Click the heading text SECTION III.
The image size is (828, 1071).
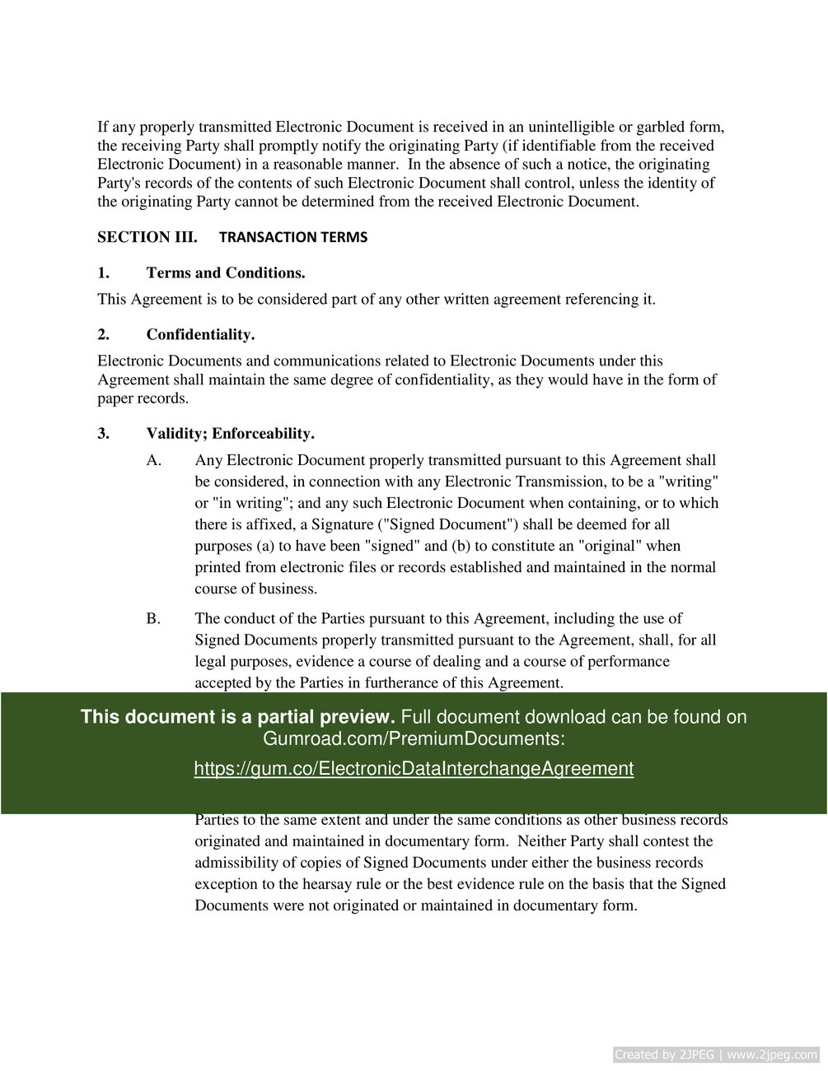tap(147, 237)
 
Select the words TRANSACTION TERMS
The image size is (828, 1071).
tap(293, 237)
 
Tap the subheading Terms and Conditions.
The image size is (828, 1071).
tap(226, 272)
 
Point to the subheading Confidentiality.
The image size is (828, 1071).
tap(200, 334)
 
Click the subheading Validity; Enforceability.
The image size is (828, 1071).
tap(231, 433)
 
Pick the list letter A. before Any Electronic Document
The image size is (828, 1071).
tap(154, 460)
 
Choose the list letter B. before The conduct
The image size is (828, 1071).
tap(153, 618)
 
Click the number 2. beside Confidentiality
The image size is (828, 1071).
tap(103, 334)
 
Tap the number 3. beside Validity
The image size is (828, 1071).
tap(103, 433)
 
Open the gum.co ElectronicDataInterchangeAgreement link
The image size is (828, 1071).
tap(414, 769)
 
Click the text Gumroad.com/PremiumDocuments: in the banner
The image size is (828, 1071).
tap(414, 738)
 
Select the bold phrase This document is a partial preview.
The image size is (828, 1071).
tap(238, 717)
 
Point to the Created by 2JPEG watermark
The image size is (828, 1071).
tap(716, 1055)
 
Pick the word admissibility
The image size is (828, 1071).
tap(236, 863)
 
